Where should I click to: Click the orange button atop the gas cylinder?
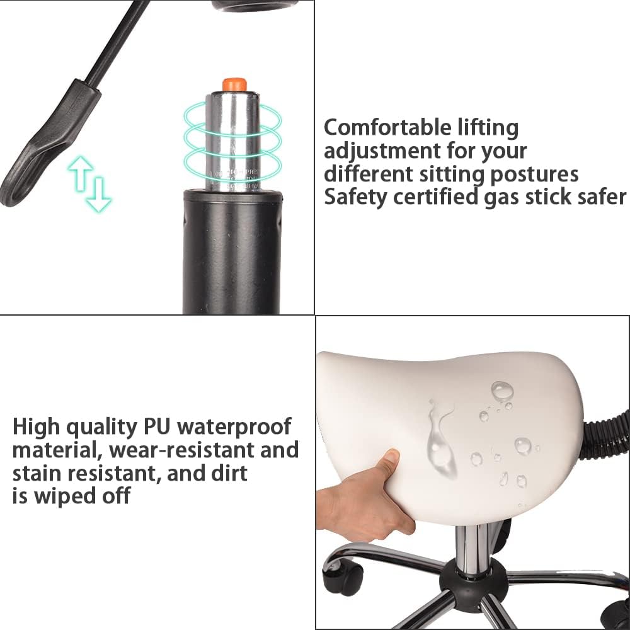pyautogui.click(x=234, y=84)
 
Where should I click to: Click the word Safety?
pyautogui.click(x=355, y=197)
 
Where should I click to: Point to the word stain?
pyautogui.click(x=40, y=472)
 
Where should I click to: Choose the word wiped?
pyautogui.click(x=65, y=496)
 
